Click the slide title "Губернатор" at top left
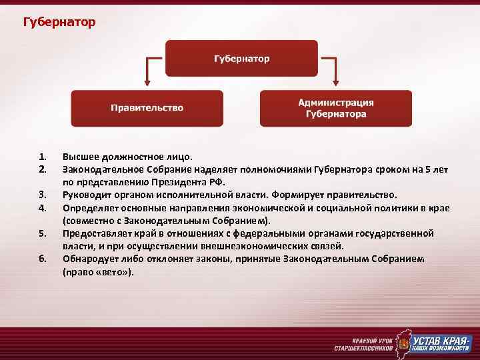59,23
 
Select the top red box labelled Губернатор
241,59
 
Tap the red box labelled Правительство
147,108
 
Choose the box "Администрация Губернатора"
335,108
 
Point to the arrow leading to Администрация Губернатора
332,71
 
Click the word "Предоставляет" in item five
97,233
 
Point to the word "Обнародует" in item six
91,259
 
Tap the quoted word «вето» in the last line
115,271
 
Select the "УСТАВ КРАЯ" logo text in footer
442,339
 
